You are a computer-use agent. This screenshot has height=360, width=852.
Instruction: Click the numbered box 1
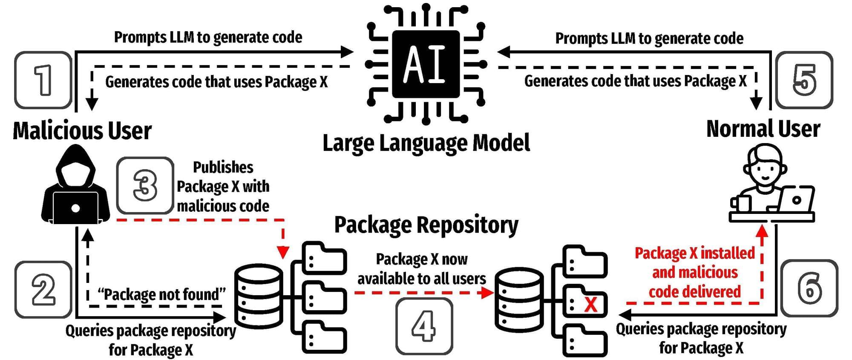click(x=43, y=80)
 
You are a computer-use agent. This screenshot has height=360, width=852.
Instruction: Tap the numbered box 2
click(x=43, y=290)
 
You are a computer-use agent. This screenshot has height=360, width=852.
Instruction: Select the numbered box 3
click(x=145, y=185)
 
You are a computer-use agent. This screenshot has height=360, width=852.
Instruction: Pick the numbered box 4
click(x=424, y=326)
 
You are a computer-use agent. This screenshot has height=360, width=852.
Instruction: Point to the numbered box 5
click(x=804, y=80)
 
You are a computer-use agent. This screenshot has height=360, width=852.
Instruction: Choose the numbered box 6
click(x=809, y=288)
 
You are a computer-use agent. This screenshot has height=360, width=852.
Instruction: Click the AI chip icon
click(x=426, y=64)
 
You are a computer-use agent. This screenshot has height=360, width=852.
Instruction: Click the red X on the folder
click(x=590, y=304)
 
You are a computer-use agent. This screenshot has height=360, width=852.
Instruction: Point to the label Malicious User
click(x=82, y=130)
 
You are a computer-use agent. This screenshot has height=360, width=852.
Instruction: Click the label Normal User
click(x=763, y=129)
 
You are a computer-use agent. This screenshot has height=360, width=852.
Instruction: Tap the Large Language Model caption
click(x=426, y=143)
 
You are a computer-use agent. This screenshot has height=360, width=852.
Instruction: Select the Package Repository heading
click(x=426, y=225)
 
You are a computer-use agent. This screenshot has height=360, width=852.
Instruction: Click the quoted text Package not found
click(x=161, y=294)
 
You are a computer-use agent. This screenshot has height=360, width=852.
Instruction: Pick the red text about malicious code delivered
click(x=695, y=272)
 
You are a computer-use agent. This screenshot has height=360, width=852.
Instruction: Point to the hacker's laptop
click(x=75, y=207)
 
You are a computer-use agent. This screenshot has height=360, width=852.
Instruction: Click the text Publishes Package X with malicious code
click(x=223, y=187)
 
